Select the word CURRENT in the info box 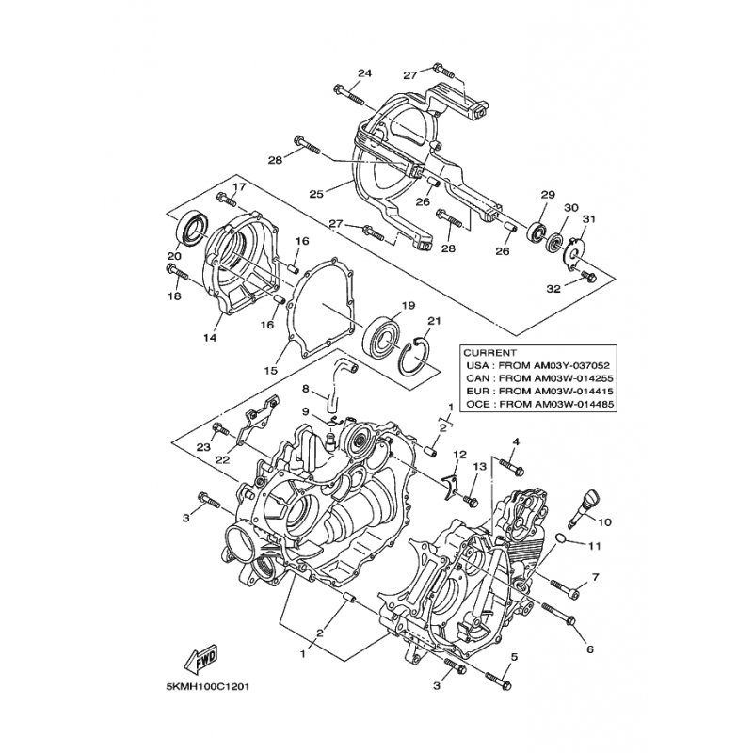tap(489, 352)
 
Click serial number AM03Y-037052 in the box tap(573, 365)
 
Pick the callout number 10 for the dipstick tap(605, 521)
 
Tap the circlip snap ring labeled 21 tap(415, 356)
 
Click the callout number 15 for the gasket tap(270, 370)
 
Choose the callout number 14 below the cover tap(210, 338)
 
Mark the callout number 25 tap(316, 194)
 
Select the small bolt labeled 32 tap(587, 276)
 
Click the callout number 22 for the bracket tap(223, 460)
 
